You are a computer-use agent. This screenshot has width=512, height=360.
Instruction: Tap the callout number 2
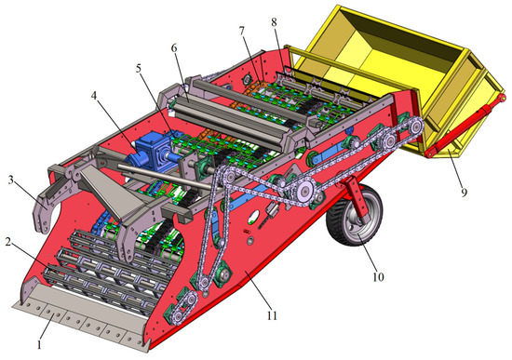click(x=8, y=242)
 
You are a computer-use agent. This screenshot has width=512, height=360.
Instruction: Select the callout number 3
click(x=11, y=180)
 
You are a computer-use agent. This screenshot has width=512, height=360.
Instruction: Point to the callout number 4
click(x=94, y=96)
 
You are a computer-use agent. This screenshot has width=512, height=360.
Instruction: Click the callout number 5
click(x=139, y=69)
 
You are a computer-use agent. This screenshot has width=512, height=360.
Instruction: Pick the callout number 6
click(x=174, y=48)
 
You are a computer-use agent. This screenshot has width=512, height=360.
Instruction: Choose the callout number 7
click(x=242, y=31)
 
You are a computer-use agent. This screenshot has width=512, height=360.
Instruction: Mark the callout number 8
click(x=274, y=22)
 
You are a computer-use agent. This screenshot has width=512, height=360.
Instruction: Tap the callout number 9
click(x=464, y=193)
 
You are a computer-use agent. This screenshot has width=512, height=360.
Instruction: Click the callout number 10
click(x=378, y=277)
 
